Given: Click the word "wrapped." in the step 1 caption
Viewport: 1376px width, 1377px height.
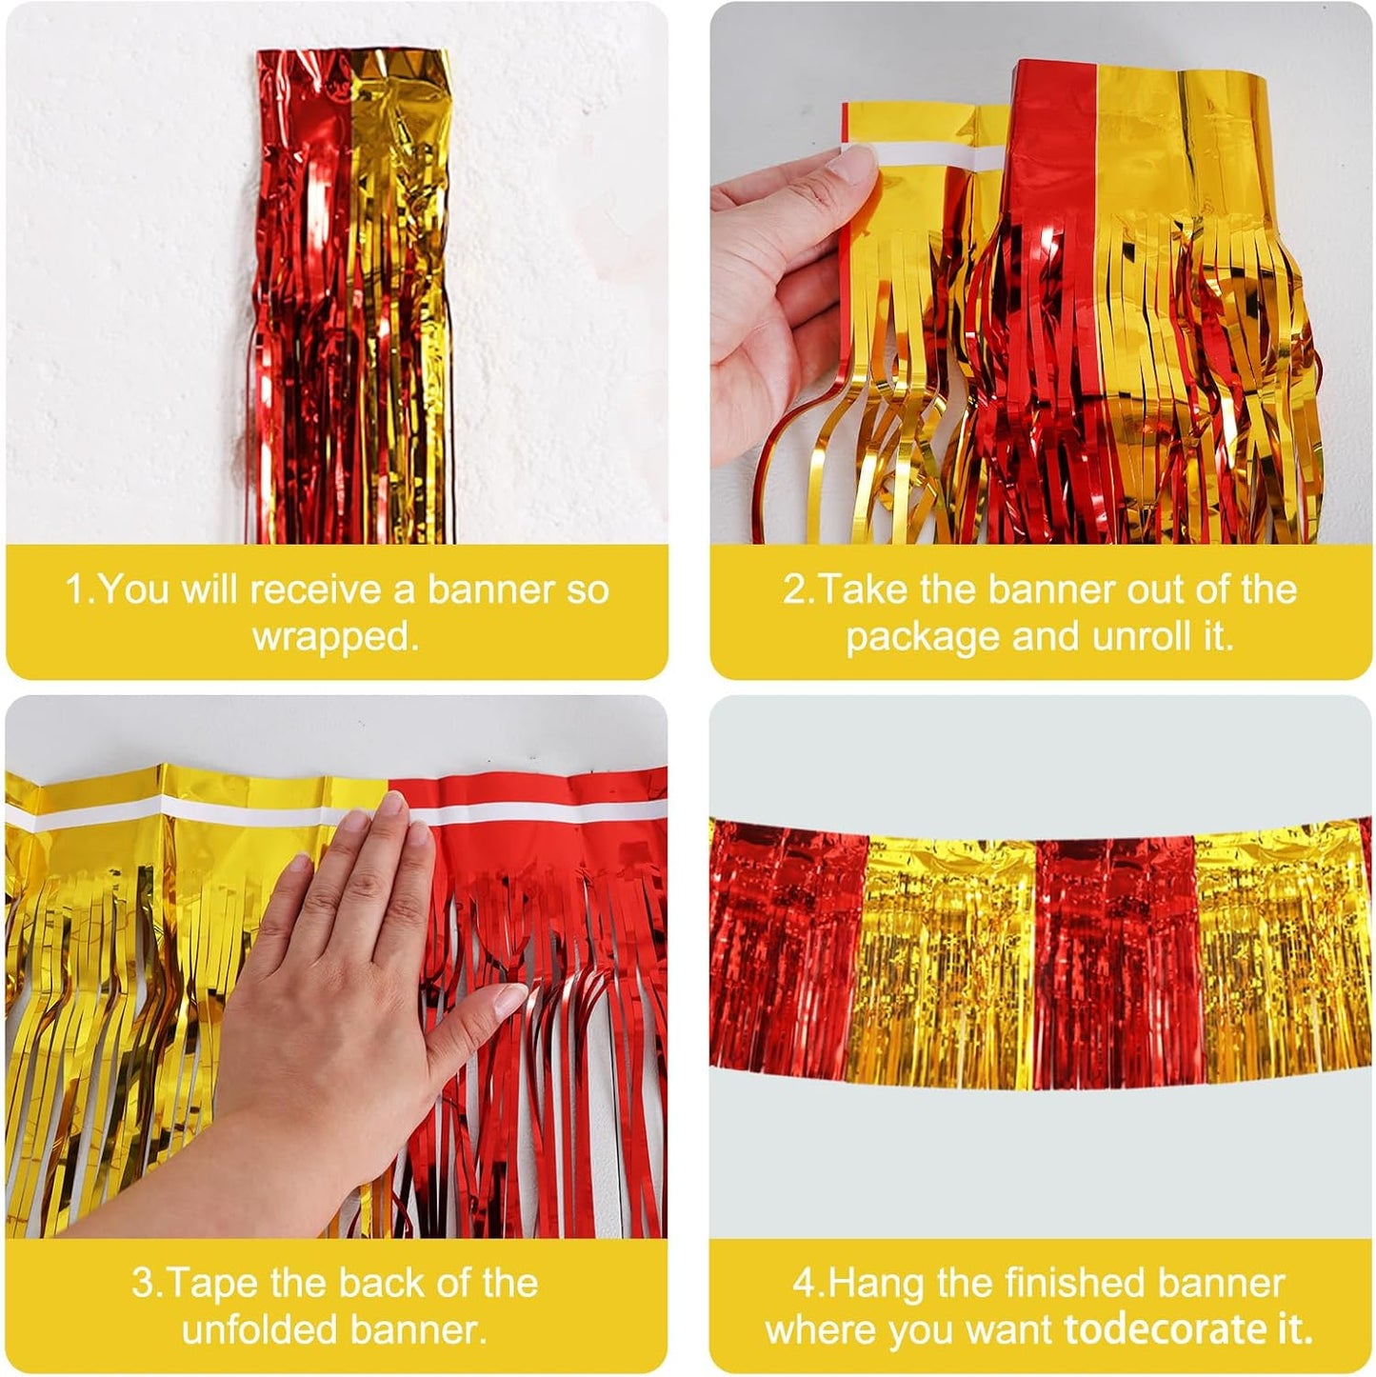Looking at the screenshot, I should point(335,636).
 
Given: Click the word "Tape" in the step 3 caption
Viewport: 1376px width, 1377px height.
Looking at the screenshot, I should point(212,1283).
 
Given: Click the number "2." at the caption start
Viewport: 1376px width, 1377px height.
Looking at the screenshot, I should point(799,589).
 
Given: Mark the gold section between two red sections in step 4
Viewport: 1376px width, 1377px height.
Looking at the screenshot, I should point(943,962).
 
